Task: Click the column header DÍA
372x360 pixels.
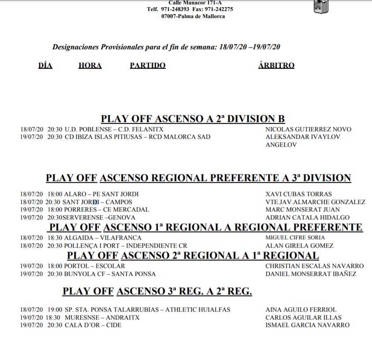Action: click(x=45, y=66)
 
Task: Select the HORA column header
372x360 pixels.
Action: click(x=90, y=66)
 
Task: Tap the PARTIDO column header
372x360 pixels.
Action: click(x=148, y=66)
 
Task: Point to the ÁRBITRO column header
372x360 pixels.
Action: click(x=276, y=66)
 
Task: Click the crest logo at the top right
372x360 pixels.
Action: click(x=320, y=6)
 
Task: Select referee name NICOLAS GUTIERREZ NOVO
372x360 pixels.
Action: click(x=308, y=130)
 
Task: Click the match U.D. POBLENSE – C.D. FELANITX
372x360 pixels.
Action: click(x=114, y=130)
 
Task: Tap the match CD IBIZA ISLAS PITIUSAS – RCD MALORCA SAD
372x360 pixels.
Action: click(x=137, y=137)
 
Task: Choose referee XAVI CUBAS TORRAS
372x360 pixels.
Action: click(x=298, y=194)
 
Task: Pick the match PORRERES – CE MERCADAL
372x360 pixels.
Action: click(x=106, y=210)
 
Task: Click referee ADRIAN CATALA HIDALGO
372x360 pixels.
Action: click(x=307, y=218)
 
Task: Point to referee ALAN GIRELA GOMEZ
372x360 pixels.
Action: click(x=299, y=246)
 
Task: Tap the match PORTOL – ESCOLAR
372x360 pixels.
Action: click(x=94, y=266)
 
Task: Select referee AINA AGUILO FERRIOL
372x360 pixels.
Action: click(x=301, y=310)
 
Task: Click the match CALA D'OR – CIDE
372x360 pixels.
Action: click(x=93, y=325)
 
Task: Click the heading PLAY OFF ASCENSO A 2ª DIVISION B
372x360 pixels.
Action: click(x=193, y=119)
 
